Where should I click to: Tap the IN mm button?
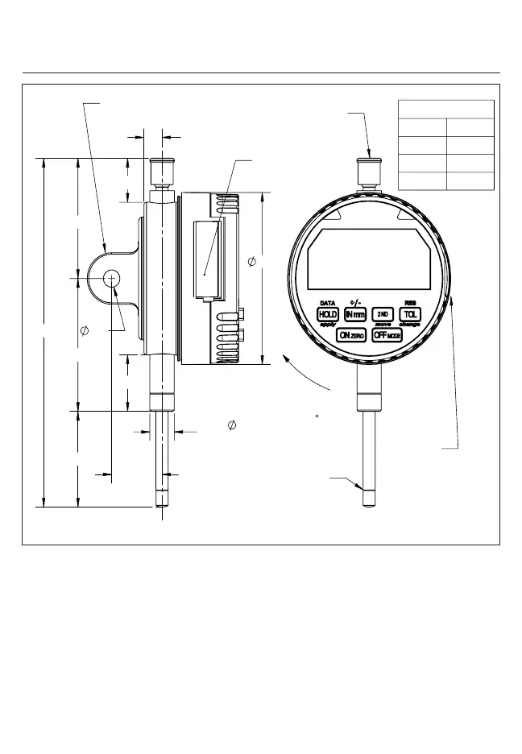355,314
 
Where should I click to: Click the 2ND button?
383,314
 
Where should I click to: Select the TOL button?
411,314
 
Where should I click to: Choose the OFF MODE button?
387,334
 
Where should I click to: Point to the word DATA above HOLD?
328,304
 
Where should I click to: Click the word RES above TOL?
410,304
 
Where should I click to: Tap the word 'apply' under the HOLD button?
328,324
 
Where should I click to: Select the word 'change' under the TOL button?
410,324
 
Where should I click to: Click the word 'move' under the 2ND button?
383,324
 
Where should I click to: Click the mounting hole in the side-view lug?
110,278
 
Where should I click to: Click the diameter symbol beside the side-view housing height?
251,263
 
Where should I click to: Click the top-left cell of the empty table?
423,127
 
